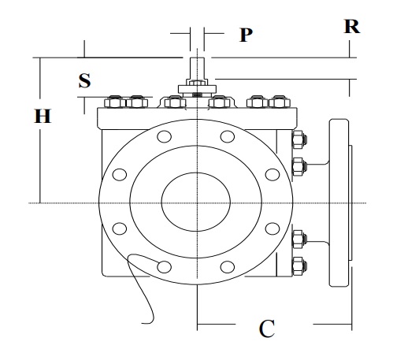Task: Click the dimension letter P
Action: tap(246, 35)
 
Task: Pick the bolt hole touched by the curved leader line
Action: tap(164, 266)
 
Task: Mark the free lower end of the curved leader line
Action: tap(143, 321)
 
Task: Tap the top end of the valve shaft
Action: tap(196, 56)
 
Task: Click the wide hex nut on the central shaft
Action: tap(196, 87)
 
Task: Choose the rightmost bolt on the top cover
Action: tap(278, 101)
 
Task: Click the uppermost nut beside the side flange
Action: tap(298, 142)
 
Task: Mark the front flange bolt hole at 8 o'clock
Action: tap(120, 228)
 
